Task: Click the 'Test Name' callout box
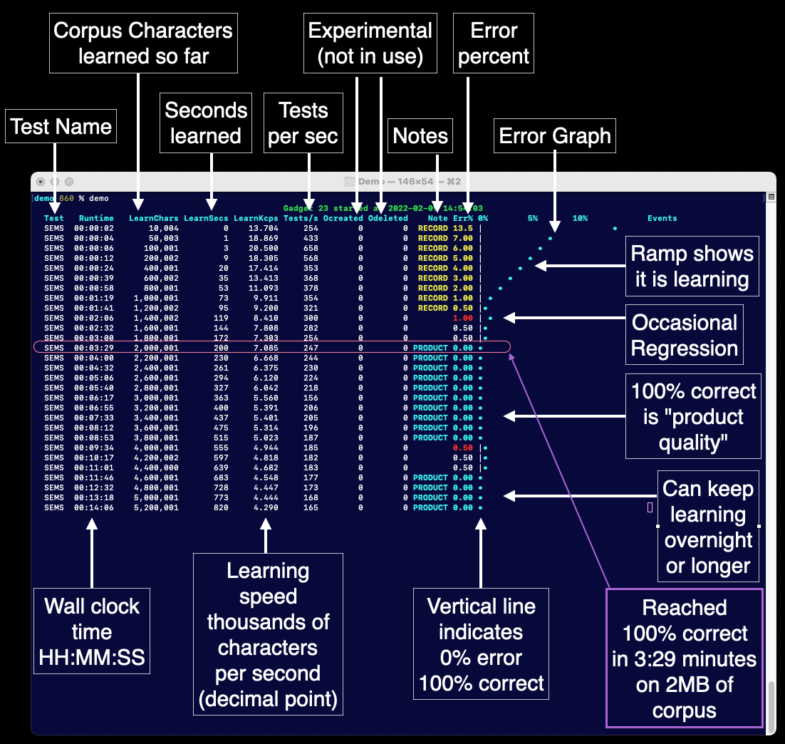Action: click(61, 127)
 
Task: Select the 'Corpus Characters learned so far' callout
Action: click(143, 43)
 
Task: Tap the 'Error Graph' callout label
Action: click(555, 136)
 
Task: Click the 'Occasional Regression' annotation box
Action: click(685, 336)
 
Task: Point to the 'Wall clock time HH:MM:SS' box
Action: click(92, 632)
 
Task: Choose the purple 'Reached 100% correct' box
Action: click(684, 658)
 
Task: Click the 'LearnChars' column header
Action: click(153, 218)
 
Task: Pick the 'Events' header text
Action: click(662, 218)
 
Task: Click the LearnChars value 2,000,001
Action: click(156, 348)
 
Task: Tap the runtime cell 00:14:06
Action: click(93, 507)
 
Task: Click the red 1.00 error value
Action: click(462, 318)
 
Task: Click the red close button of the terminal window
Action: click(41, 182)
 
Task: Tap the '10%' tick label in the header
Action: click(580, 218)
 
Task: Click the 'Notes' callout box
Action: click(420, 136)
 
